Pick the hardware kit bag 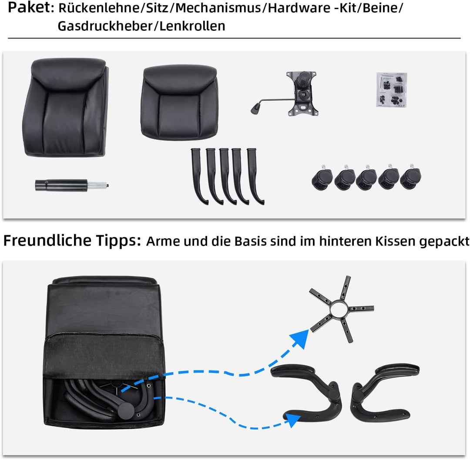click(x=391, y=89)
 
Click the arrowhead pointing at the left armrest click(x=294, y=420)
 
